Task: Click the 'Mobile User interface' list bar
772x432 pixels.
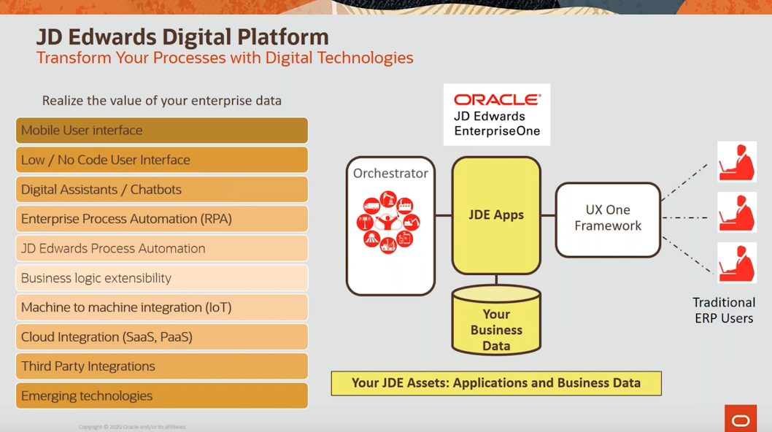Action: point(161,131)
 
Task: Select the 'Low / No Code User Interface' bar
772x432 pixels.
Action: point(161,160)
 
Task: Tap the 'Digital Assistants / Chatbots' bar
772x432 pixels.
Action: point(161,190)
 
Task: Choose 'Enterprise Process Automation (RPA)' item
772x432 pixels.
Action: point(161,219)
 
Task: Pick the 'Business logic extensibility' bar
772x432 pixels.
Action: point(161,278)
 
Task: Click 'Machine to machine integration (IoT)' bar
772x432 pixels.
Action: point(161,307)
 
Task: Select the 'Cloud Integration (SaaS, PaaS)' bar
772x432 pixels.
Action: point(161,337)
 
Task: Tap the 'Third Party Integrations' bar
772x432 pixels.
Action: point(161,366)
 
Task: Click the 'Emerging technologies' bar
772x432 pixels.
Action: point(161,396)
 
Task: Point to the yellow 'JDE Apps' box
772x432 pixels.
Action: point(496,215)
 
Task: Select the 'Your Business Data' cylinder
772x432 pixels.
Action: point(496,321)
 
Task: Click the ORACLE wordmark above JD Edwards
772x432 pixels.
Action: point(497,100)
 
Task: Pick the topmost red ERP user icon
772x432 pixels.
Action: point(736,161)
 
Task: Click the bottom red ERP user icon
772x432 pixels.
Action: point(736,263)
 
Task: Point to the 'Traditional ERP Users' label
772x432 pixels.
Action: point(723,310)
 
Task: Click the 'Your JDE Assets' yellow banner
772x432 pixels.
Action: point(496,383)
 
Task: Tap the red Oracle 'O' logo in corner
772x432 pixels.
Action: point(741,420)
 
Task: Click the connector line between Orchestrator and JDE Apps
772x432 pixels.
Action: point(444,215)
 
